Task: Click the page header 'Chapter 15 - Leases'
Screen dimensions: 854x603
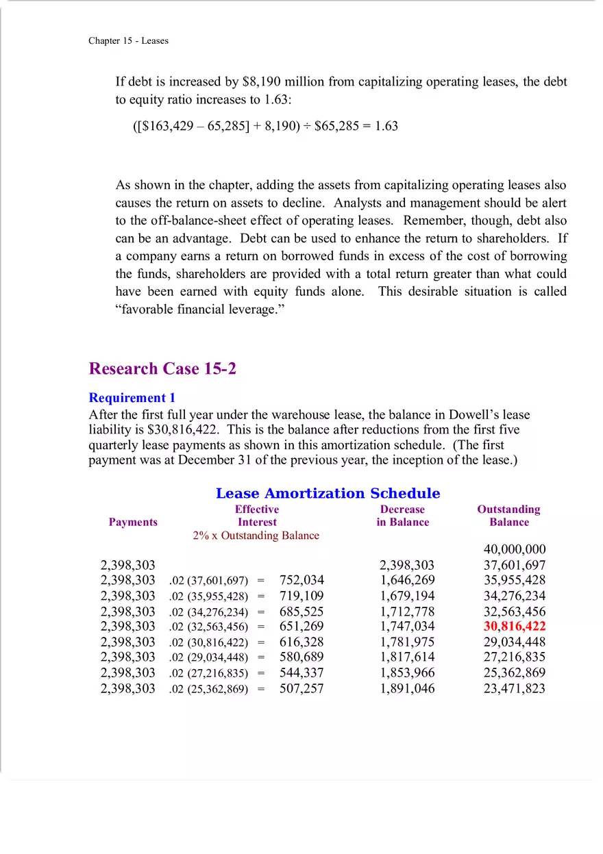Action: (128, 40)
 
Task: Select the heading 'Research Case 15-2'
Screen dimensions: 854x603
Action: (162, 368)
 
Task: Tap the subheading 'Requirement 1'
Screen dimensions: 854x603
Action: (132, 398)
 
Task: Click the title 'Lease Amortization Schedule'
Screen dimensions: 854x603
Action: (328, 493)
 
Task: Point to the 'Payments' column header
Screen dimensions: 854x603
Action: (133, 522)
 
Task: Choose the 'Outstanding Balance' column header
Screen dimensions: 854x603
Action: (508, 516)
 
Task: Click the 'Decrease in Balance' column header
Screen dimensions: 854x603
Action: (402, 516)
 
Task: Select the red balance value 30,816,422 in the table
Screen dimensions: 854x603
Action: (515, 626)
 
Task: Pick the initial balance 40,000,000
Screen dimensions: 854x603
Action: (515, 549)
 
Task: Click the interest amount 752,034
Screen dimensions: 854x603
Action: (301, 580)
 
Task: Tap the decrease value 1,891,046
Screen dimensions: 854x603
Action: (407, 688)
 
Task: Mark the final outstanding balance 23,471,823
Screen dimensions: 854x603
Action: (515, 688)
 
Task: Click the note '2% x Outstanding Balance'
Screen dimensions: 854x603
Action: (256, 536)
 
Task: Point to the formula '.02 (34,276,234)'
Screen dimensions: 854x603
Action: (208, 612)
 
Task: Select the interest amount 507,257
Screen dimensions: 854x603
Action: (301, 688)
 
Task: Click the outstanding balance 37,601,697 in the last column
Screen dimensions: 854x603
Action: (515, 565)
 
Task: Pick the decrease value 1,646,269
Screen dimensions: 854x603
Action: (407, 580)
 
